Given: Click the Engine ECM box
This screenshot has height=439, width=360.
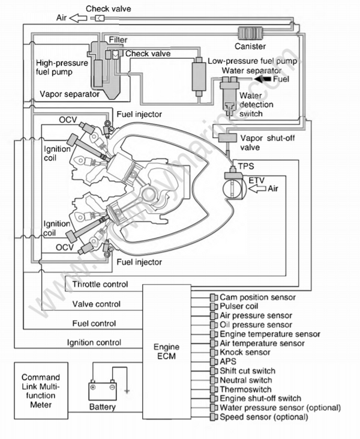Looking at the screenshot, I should click(x=166, y=351).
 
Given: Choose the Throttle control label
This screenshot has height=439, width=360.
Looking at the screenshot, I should click(x=100, y=284).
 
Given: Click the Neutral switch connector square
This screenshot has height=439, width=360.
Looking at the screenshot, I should click(x=213, y=380).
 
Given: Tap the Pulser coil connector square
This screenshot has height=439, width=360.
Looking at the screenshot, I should click(x=213, y=306).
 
